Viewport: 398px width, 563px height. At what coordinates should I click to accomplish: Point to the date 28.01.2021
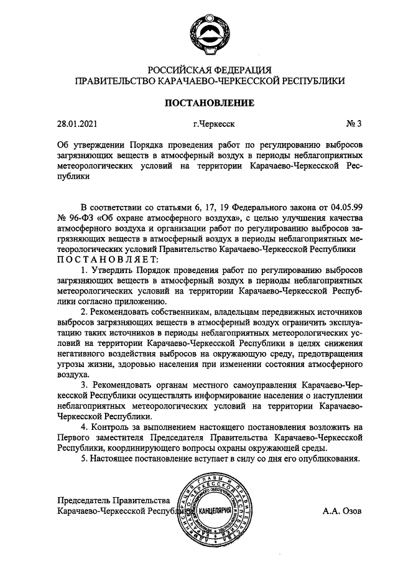pyautogui.click(x=77, y=123)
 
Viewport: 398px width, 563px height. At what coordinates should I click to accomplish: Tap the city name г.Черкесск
pyautogui.click(x=214, y=123)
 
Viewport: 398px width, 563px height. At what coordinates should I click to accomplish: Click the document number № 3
pyautogui.click(x=353, y=123)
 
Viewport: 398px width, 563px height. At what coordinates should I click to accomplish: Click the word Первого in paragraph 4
pyautogui.click(x=72, y=437)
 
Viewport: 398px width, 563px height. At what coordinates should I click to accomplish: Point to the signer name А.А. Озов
pyautogui.click(x=341, y=511)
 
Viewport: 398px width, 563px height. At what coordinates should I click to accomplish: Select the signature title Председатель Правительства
pyautogui.click(x=113, y=501)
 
